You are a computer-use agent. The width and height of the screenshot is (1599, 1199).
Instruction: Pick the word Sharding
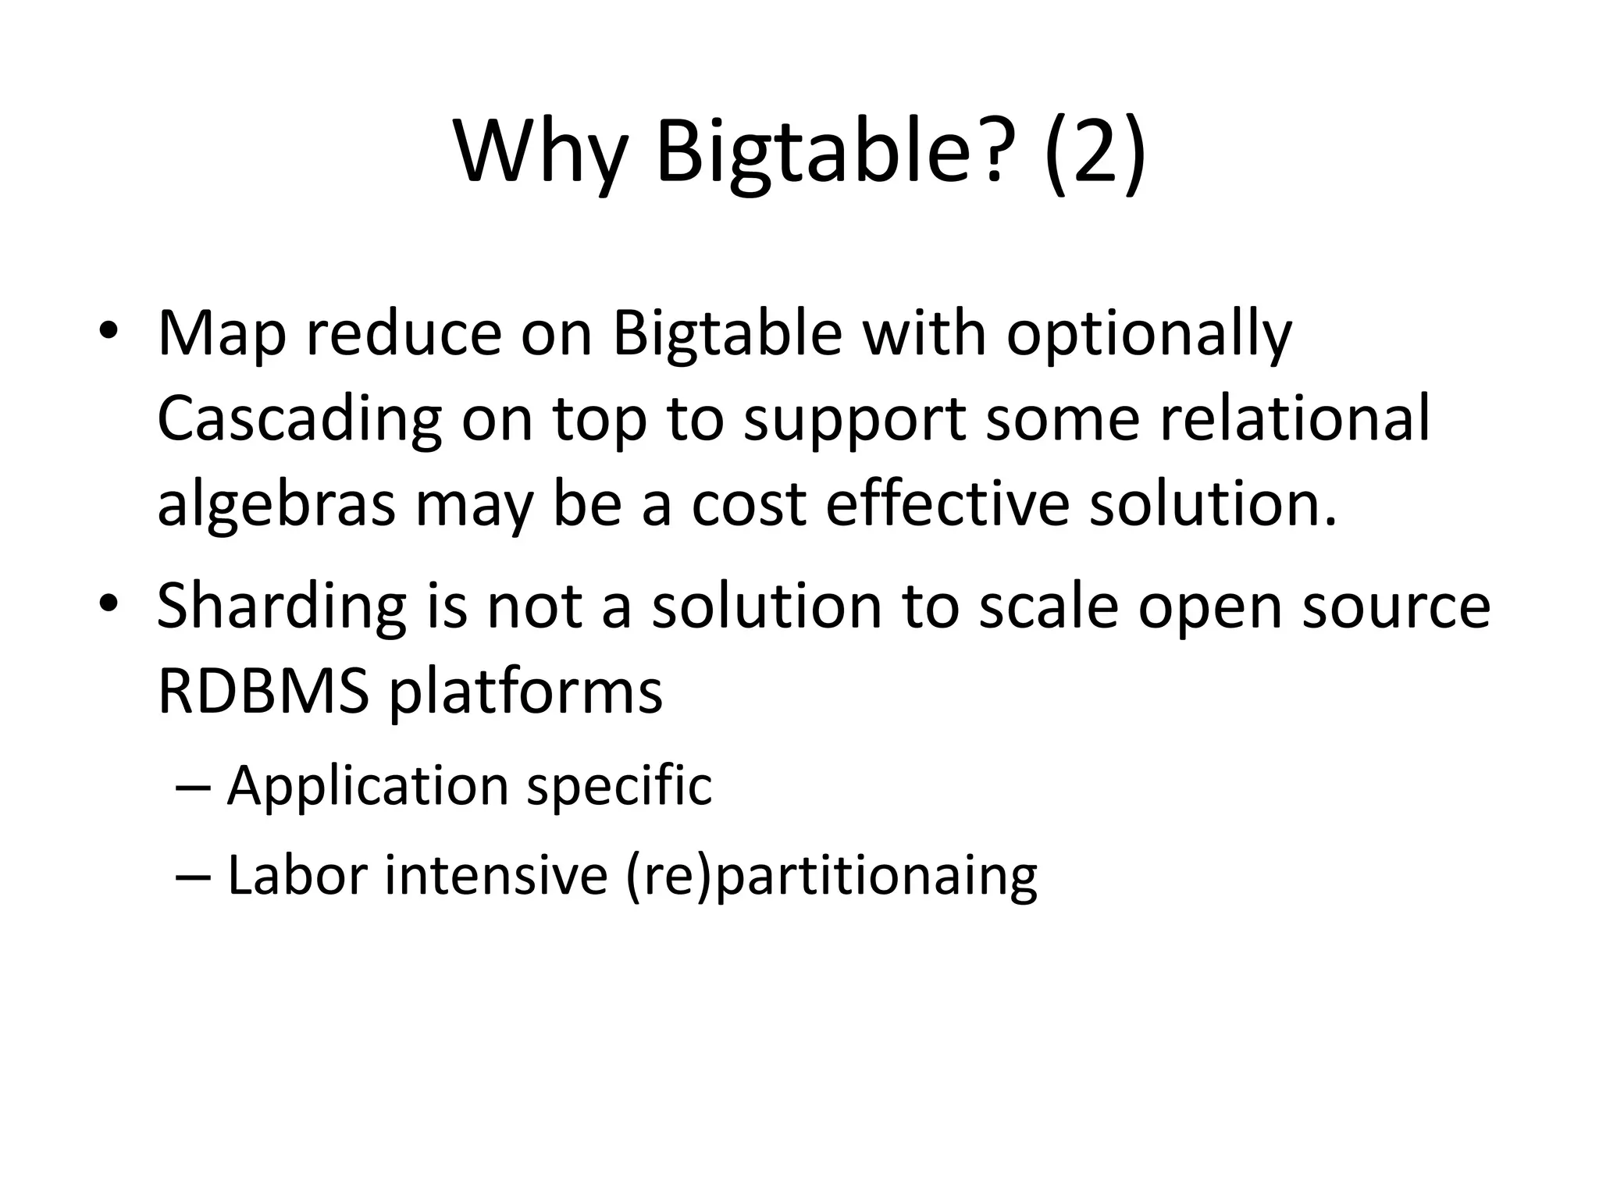[x=281, y=609]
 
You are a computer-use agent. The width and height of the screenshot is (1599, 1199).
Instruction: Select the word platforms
[x=525, y=693]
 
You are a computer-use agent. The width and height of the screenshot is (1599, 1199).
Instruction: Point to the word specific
[x=619, y=787]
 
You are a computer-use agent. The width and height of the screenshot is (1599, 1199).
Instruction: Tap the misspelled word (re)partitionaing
[x=831, y=876]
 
